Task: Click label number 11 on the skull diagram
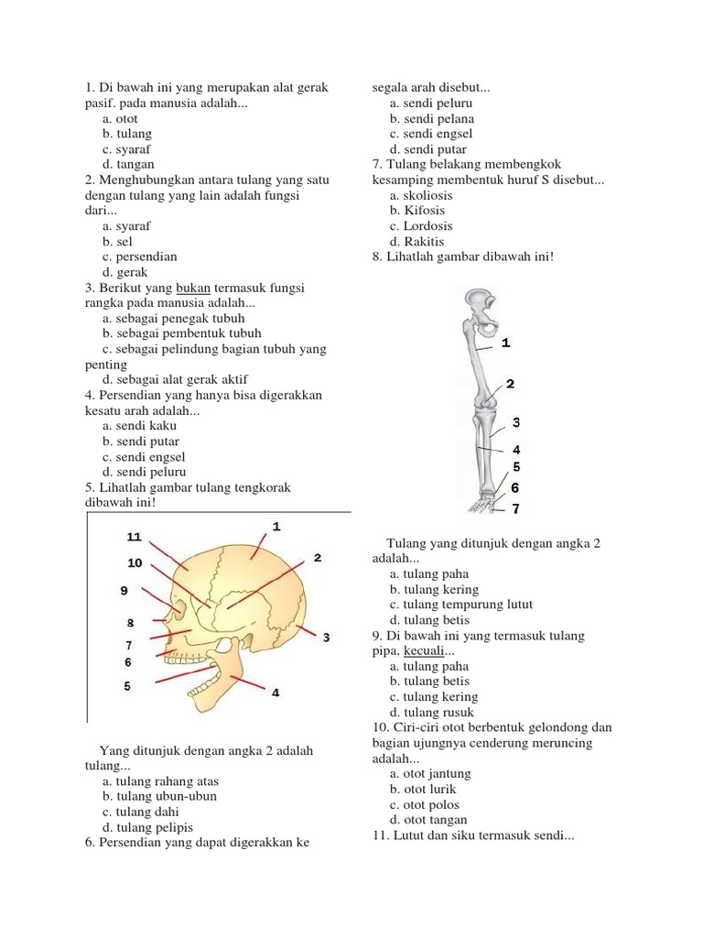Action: tap(134, 536)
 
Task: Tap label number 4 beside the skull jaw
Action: tap(276, 693)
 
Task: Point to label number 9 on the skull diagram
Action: tap(124, 591)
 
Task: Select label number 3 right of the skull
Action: tap(327, 637)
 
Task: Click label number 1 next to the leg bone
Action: tap(506, 343)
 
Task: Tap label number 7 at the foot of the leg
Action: tap(515, 507)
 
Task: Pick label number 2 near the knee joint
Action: tap(510, 383)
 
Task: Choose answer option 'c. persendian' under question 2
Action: tap(140, 256)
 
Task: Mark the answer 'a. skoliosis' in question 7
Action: tap(421, 195)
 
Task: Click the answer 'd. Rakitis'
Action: tap(416, 241)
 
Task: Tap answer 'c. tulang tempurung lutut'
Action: tap(460, 605)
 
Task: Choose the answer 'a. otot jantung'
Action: tap(430, 773)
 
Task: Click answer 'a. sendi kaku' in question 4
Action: tap(140, 425)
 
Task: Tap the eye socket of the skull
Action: tap(178, 608)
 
